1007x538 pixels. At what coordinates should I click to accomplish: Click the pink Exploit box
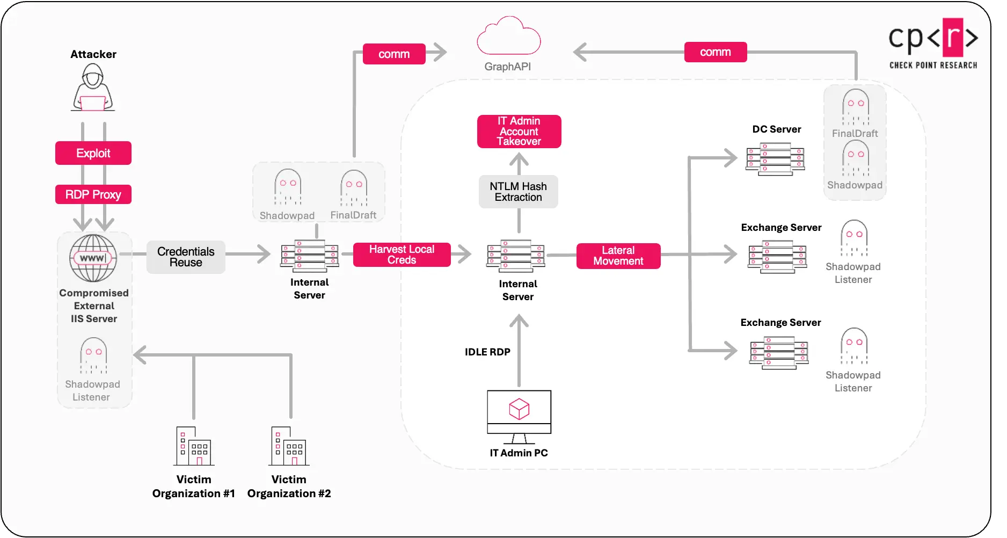coord(93,153)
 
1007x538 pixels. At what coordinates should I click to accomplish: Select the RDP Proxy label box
coord(93,194)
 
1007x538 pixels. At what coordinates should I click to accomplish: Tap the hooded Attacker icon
coord(93,88)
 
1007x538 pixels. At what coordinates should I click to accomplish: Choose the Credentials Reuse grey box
coord(186,257)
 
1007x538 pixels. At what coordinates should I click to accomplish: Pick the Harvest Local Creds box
coord(402,255)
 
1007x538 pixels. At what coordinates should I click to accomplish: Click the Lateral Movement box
coord(618,256)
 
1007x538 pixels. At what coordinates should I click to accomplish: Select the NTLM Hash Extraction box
coord(518,192)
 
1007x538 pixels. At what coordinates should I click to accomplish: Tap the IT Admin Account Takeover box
coord(519,132)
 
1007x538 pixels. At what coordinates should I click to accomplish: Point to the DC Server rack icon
coord(775,159)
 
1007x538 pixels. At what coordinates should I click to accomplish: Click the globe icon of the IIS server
coord(93,258)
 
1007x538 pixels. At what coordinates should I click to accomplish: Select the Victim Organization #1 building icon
coord(194,446)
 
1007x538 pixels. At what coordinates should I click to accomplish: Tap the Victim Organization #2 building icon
coord(289,446)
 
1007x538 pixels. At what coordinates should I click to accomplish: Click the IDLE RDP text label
coord(487,352)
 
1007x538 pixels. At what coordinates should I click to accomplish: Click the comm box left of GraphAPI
coord(394,54)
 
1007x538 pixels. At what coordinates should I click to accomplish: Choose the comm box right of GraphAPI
coord(716,52)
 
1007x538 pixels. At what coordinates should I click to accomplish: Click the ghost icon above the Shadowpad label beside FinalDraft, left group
coord(287,187)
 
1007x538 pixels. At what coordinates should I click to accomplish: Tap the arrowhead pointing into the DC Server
coord(731,158)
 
